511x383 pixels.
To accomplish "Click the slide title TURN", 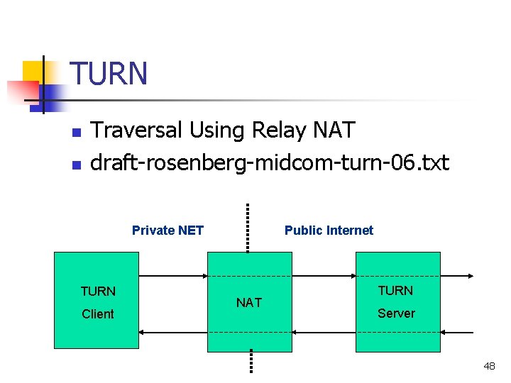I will coord(109,74).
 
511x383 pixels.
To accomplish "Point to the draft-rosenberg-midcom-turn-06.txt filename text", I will coord(270,163).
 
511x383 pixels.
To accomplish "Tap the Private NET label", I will coord(167,231).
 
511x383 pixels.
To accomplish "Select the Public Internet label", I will coord(329,231).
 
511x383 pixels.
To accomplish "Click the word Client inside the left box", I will coord(98,314).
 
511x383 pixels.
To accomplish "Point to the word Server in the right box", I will coord(396,313).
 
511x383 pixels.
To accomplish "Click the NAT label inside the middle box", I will coord(249,303).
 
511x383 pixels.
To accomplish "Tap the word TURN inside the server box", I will coord(395,291).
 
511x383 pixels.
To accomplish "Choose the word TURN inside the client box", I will coord(98,292).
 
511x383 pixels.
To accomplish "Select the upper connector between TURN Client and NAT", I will coord(172,275).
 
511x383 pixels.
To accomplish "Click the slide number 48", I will coord(489,366).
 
